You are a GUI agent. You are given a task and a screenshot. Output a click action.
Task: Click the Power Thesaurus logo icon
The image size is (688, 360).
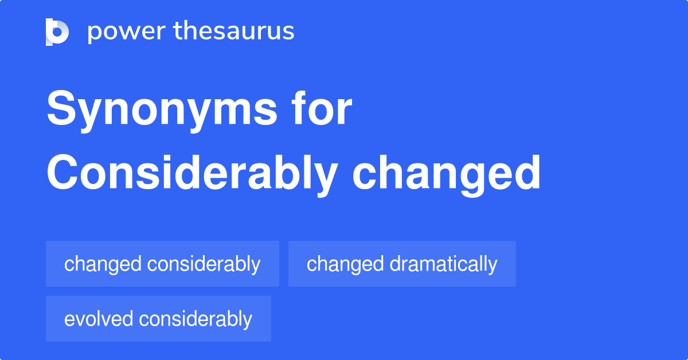(x=57, y=32)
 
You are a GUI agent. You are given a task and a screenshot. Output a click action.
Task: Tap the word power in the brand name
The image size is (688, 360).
(x=124, y=32)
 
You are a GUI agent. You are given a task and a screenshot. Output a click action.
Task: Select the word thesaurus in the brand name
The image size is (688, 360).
(x=234, y=32)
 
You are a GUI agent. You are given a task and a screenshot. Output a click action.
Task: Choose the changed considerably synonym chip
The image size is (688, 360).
(x=162, y=264)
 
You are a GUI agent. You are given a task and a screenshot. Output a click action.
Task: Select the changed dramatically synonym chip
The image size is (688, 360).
(x=402, y=264)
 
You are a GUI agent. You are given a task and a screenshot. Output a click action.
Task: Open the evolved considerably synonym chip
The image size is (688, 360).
(x=158, y=319)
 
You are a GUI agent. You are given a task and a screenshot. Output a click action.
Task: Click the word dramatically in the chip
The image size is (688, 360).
(x=443, y=264)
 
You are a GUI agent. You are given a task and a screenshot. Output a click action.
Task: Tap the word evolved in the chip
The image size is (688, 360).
(x=99, y=319)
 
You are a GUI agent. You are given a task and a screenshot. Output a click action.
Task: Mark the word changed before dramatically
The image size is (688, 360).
(x=345, y=264)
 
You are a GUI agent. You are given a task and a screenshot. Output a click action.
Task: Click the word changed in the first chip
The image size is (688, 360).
(x=103, y=264)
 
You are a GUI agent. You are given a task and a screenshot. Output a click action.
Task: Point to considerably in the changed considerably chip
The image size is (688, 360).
(x=204, y=264)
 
